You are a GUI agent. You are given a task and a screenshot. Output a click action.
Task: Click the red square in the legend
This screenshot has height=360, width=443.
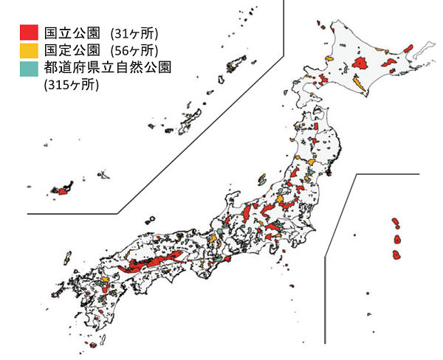pos(29,32)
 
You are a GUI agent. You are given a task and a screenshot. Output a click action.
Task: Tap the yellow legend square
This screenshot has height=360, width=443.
pos(29,50)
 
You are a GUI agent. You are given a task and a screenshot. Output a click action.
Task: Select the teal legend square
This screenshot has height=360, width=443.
pos(29,68)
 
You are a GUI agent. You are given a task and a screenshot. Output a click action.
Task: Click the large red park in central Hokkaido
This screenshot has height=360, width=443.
pos(362,62)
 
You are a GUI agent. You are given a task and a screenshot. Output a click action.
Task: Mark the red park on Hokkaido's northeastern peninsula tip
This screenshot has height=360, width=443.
pos(408,49)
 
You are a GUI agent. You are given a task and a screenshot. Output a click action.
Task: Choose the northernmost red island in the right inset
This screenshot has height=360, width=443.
pos(396,221)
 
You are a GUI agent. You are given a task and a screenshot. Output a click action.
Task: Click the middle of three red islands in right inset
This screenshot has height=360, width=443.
pos(397,240)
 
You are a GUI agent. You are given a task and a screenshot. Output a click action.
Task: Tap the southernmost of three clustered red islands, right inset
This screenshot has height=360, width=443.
pos(396,255)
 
